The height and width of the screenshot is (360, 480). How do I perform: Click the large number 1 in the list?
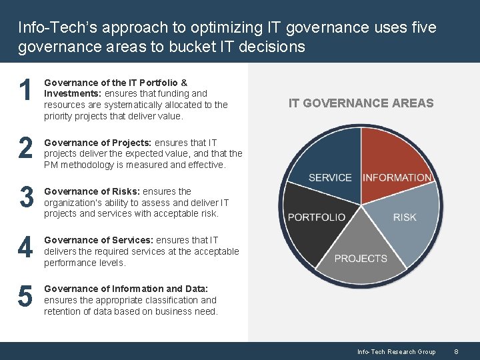click(25, 91)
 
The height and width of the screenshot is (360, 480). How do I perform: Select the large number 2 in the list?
click(25, 149)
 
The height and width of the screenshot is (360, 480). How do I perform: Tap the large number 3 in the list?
click(25, 197)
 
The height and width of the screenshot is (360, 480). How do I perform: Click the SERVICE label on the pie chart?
click(330, 178)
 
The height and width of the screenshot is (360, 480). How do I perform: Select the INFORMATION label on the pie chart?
click(397, 178)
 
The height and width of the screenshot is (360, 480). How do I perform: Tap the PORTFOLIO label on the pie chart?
click(317, 217)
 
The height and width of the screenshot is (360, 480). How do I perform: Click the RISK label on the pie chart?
click(405, 217)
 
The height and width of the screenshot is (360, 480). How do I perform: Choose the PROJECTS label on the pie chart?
click(361, 259)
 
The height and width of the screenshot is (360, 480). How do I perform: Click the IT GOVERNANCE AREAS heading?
click(361, 103)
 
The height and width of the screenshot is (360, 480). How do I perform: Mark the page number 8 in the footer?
click(456, 352)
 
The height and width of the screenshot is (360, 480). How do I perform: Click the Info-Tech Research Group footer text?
click(396, 352)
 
